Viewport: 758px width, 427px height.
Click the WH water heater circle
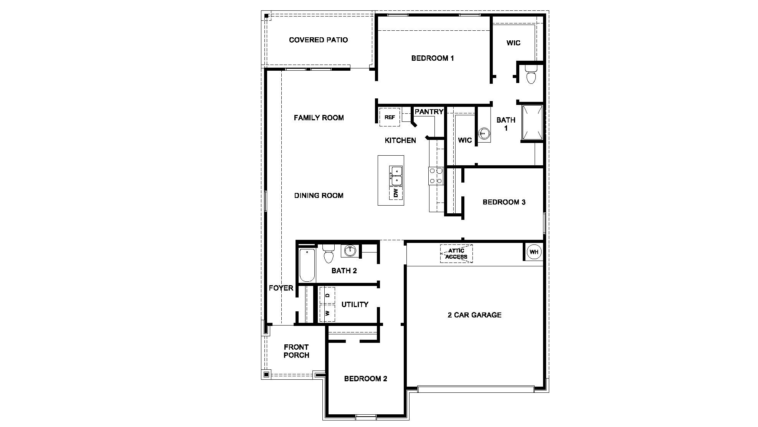(534, 252)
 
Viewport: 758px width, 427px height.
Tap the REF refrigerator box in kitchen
(390, 117)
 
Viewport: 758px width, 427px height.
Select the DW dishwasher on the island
(396, 193)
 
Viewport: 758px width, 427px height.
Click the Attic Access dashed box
(456, 254)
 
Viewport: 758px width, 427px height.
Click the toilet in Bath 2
(328, 254)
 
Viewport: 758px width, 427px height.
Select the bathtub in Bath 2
(307, 265)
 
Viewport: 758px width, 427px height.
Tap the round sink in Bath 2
(350, 251)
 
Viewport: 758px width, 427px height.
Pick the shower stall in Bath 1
(532, 122)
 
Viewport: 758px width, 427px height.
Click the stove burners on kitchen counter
(436, 176)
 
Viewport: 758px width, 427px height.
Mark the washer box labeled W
(327, 313)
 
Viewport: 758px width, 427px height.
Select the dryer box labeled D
(327, 295)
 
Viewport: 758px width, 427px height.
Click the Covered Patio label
(318, 40)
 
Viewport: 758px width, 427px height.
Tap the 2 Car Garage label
(474, 315)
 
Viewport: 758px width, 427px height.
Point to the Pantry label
(429, 112)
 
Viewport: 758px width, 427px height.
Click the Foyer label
(281, 288)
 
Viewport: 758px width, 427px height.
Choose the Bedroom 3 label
(504, 202)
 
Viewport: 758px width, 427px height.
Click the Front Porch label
(296, 351)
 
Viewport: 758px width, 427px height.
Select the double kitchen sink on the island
(396, 175)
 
